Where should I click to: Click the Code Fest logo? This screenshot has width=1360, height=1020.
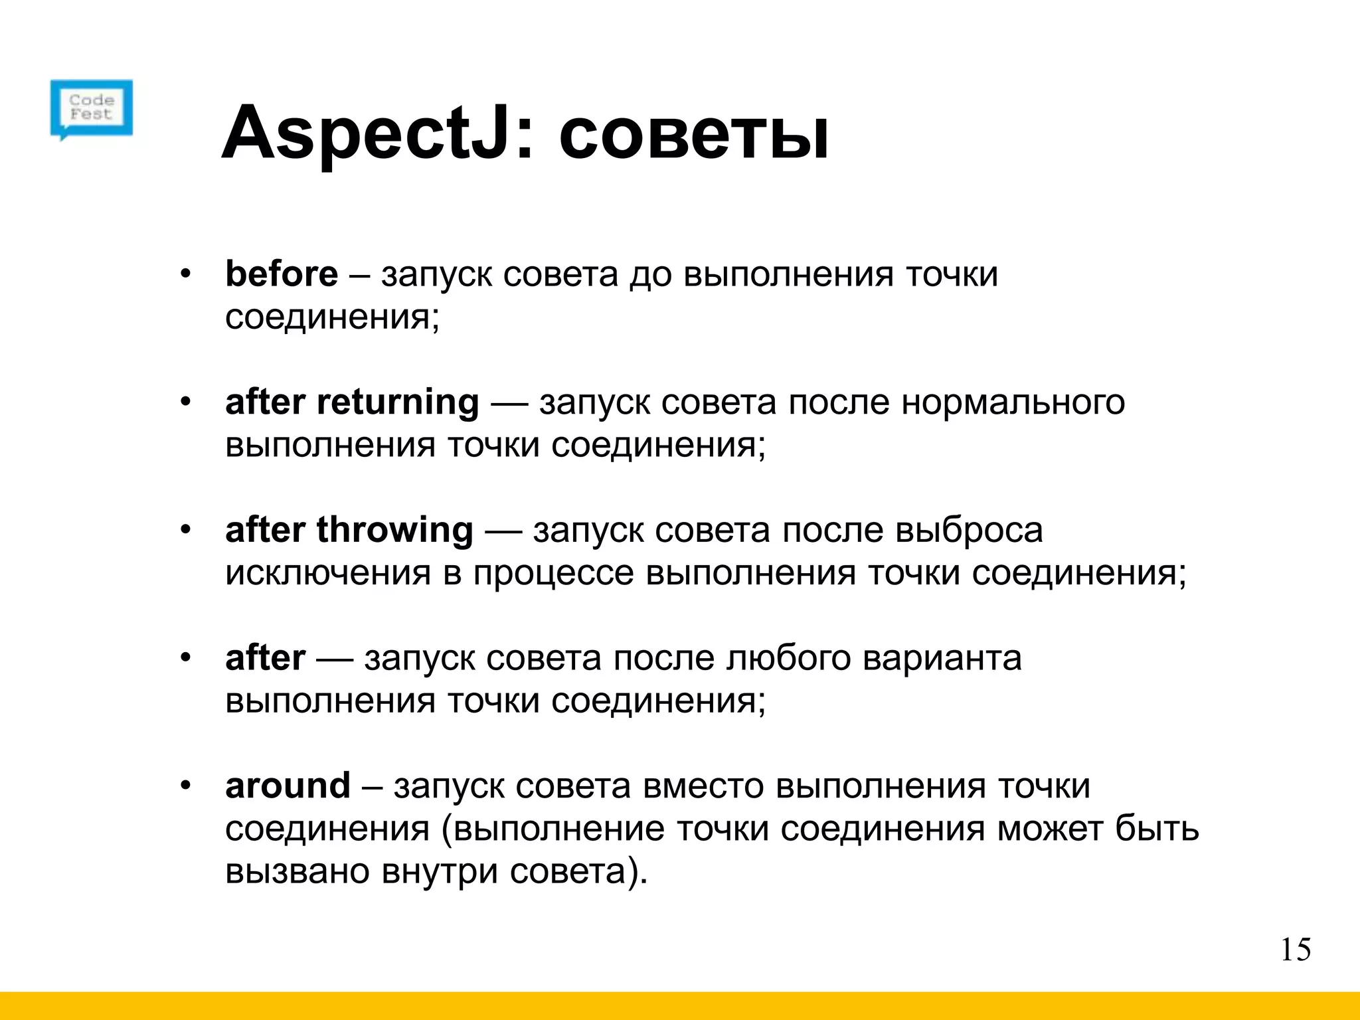coord(92,108)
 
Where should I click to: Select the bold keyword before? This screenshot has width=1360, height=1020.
coord(282,274)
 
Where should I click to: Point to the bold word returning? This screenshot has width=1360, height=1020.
coord(398,403)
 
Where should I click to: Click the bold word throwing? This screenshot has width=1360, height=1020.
coord(394,531)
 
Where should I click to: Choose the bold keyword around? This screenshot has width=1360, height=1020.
coord(288,786)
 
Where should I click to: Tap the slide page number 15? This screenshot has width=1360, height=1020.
coord(1295,950)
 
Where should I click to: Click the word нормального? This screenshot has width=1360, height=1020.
coord(1013,402)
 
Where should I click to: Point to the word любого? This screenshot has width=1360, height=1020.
coord(788,659)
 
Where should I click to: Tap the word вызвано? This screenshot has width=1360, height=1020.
coord(297,871)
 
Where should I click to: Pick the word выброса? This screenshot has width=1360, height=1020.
coord(969,531)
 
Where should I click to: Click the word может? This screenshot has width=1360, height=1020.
coord(1049,829)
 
